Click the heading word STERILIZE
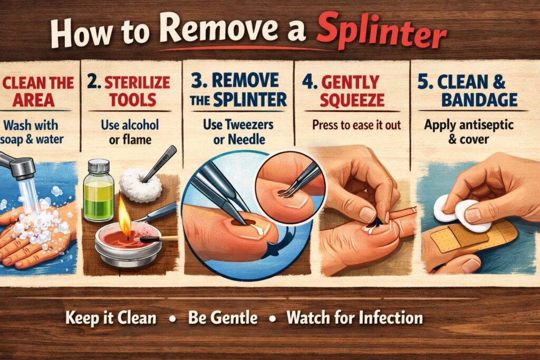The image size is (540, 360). pyautogui.click(x=137, y=83)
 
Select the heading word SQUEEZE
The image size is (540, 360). pyautogui.click(x=352, y=100)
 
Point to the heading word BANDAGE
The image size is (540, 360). pyautogui.click(x=479, y=100)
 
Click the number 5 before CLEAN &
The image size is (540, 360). pyautogui.click(x=423, y=82)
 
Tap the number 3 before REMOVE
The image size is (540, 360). pyautogui.click(x=197, y=81)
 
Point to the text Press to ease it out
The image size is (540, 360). pyautogui.click(x=356, y=125)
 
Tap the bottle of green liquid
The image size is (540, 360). pyautogui.click(x=99, y=190)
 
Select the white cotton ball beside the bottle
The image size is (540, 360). pyautogui.click(x=140, y=185)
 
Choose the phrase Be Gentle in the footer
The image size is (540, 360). pyautogui.click(x=223, y=317)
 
